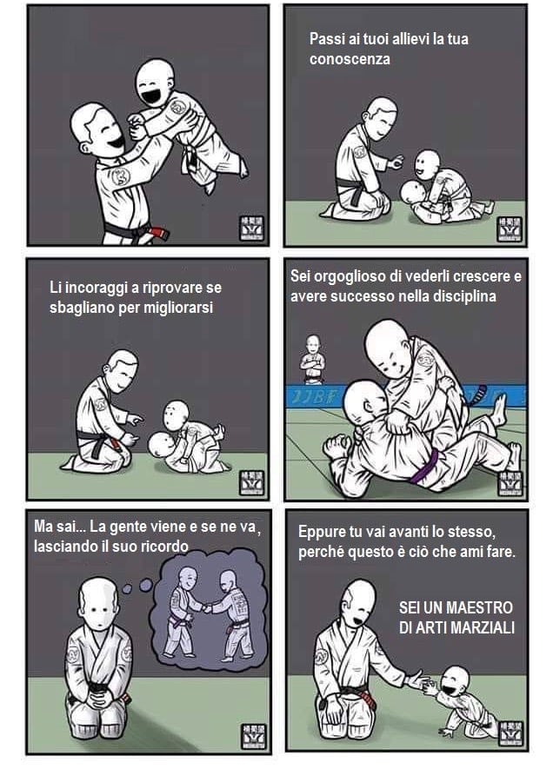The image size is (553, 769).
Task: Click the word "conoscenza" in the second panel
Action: click(350, 59)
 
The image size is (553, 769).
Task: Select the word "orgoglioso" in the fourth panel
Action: click(350, 276)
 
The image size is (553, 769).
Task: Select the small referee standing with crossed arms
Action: click(312, 359)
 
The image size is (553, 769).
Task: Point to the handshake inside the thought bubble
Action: click(208, 607)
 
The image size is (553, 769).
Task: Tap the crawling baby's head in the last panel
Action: click(455, 680)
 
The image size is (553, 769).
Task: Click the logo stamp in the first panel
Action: click(252, 229)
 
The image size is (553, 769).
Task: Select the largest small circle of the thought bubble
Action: click(146, 585)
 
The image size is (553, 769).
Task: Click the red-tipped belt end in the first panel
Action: click(159, 233)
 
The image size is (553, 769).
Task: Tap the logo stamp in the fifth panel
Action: click(254, 736)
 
